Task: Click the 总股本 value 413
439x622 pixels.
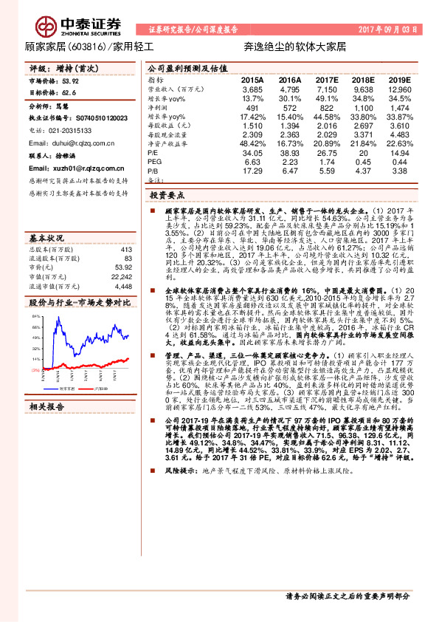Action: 125,250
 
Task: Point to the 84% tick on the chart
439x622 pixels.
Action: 35,315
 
